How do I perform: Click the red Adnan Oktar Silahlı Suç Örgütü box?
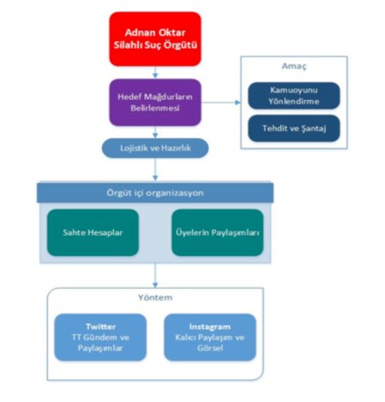click(155, 39)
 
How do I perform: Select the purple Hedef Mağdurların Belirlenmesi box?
click(155, 102)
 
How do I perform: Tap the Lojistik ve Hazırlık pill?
click(155, 148)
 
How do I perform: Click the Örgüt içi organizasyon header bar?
click(155, 193)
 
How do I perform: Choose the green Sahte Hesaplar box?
click(93, 232)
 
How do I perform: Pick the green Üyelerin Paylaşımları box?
click(218, 232)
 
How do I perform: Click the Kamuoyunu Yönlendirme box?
click(294, 96)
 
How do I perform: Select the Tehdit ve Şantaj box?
click(294, 129)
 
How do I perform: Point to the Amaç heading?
click(294, 66)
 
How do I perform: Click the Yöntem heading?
click(155, 297)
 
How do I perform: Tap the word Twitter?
click(100, 327)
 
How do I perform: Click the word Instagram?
click(210, 327)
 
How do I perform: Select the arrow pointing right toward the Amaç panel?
click(221, 102)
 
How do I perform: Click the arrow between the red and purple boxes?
click(155, 72)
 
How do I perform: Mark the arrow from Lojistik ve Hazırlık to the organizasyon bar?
click(155, 169)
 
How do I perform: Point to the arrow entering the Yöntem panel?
click(155, 275)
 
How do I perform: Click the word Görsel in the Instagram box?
click(210, 348)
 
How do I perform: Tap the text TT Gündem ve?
click(100, 338)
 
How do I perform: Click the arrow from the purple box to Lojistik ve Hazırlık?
click(155, 132)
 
